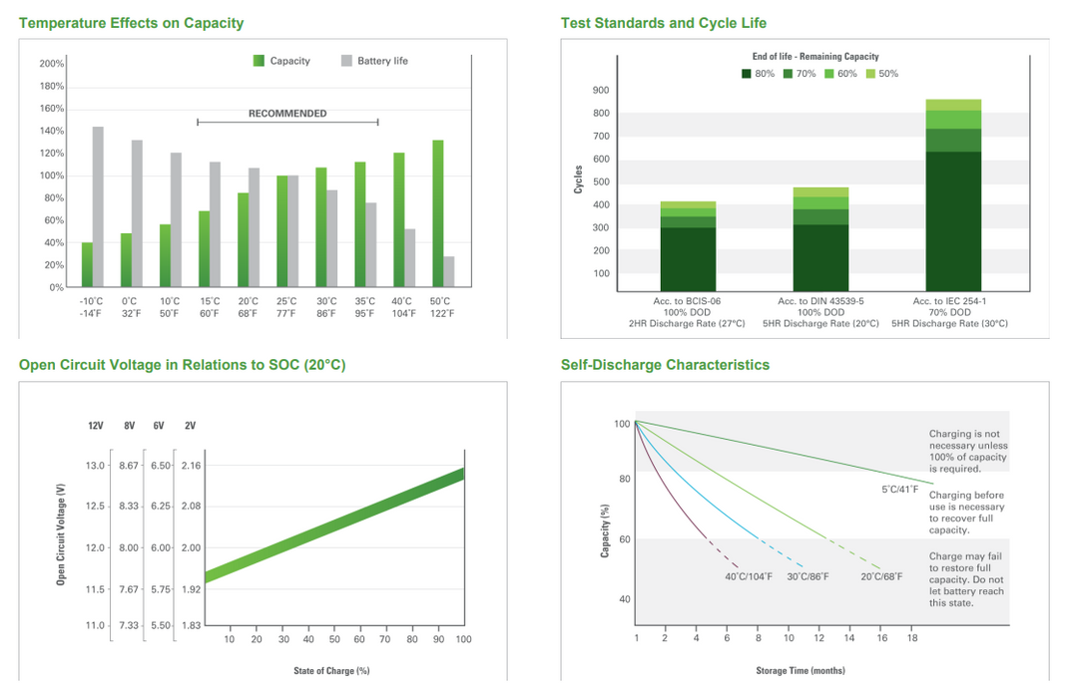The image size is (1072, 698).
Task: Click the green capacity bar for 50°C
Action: [437, 213]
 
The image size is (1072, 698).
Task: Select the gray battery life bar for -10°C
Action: [98, 207]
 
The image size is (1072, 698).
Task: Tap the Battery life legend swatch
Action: [346, 61]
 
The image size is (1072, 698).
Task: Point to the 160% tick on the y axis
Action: [52, 109]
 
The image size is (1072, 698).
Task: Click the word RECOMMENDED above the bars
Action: [287, 114]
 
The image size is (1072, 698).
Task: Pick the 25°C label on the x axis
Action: [286, 301]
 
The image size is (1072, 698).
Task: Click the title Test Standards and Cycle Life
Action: [663, 23]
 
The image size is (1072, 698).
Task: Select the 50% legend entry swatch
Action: [870, 74]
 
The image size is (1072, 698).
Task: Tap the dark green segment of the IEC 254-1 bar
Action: [953, 221]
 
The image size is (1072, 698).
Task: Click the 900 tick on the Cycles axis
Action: [601, 90]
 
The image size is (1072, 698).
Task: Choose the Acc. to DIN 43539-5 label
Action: [820, 301]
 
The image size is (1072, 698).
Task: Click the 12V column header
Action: [96, 426]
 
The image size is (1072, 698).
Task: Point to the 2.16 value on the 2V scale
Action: [192, 466]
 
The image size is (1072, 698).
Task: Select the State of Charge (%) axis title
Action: [331, 671]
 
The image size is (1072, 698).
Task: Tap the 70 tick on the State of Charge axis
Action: [385, 639]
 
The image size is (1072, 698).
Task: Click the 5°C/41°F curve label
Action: [899, 489]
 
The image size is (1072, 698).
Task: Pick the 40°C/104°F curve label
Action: [749, 576]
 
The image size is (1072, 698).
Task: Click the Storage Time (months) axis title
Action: [801, 671]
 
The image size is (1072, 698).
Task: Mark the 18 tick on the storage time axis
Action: [912, 638]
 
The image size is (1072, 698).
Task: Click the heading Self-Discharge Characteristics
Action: [665, 365]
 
